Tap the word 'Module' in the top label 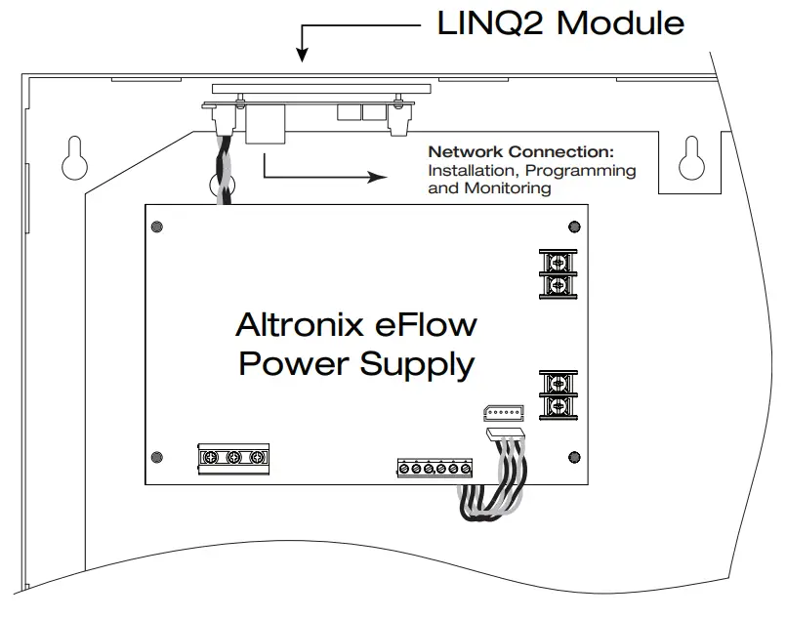coord(621,22)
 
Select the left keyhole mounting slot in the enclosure coord(73,155)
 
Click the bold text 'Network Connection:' coord(520,152)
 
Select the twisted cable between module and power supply coord(222,171)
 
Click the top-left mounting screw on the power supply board coord(157,228)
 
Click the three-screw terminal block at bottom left coord(232,457)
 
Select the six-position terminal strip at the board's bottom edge coord(435,469)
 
